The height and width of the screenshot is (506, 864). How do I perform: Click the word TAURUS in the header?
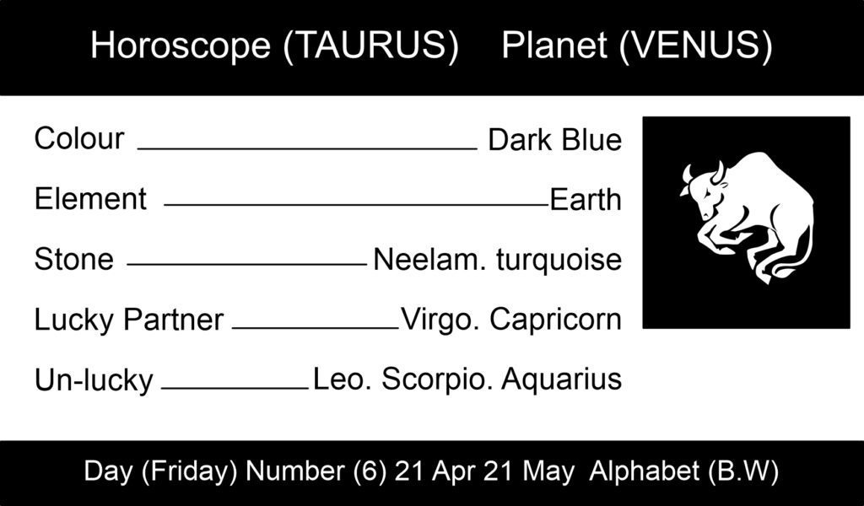[371, 46]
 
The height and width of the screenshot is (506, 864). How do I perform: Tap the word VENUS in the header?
[695, 46]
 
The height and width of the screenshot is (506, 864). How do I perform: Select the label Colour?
[79, 138]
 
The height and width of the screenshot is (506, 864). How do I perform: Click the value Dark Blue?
[555, 140]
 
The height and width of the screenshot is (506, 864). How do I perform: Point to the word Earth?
[586, 199]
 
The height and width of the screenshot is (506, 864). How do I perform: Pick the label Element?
[90, 199]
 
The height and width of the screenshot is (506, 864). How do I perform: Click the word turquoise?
[559, 261]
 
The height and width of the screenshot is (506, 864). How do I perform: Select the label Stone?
[74, 259]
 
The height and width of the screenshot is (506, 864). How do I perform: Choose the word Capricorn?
[555, 320]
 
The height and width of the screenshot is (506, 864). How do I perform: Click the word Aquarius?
[561, 379]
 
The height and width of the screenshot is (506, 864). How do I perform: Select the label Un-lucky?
[94, 380]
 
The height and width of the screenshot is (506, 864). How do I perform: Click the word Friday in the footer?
[189, 471]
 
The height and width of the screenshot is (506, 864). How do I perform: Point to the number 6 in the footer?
[370, 471]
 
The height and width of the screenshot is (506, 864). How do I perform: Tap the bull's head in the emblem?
[705, 190]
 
